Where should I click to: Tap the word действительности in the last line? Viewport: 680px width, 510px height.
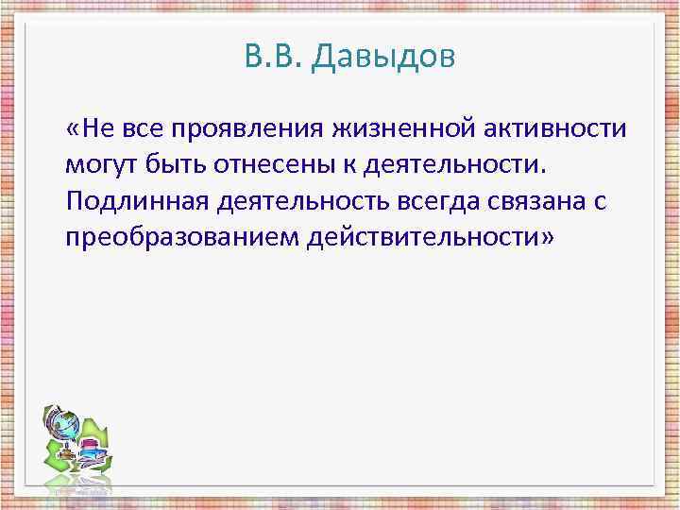point(421,237)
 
